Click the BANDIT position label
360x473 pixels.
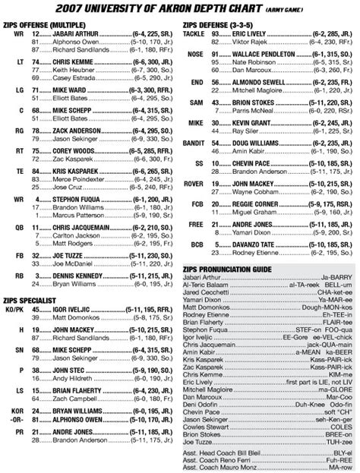pos(197,143)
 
